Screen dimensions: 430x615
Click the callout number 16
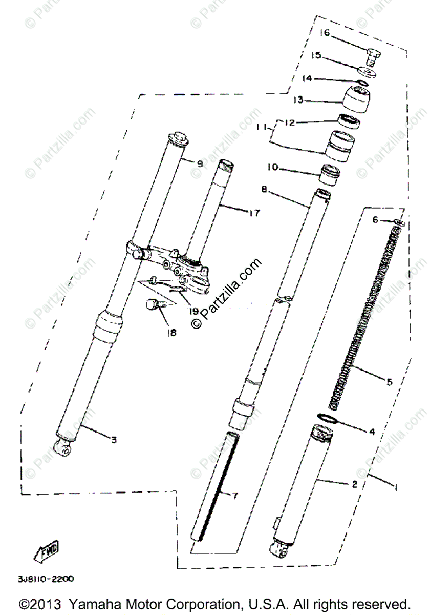325,33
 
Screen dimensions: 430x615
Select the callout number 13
298,99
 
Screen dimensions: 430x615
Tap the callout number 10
272,168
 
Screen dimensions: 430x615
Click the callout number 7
235,496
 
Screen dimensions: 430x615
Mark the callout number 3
114,439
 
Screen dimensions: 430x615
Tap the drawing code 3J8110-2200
46,579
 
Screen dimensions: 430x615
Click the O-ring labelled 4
329,418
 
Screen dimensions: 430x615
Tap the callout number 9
199,163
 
